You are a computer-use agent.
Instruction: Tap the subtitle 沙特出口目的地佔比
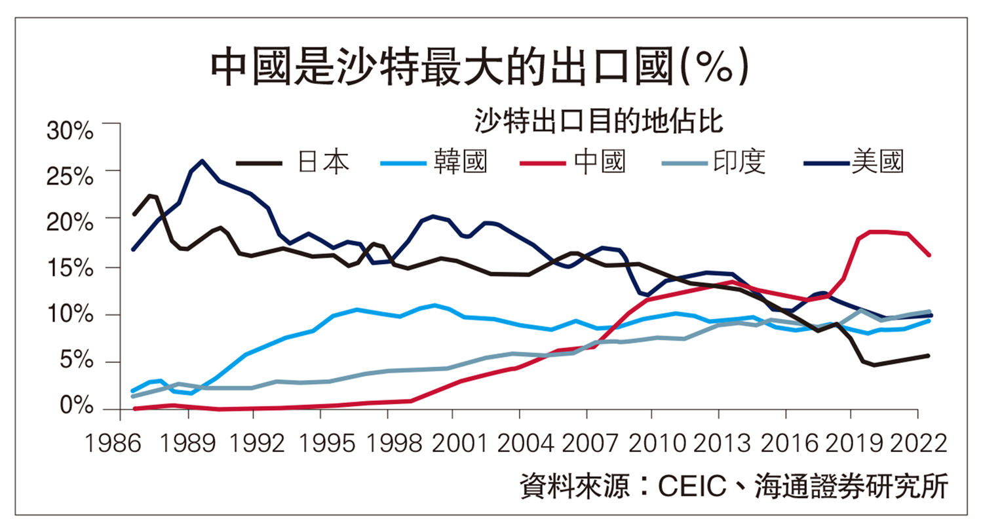coord(598,121)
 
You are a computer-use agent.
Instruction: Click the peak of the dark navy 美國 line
coord(202,161)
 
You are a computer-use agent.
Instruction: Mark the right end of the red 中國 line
coord(929,255)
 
